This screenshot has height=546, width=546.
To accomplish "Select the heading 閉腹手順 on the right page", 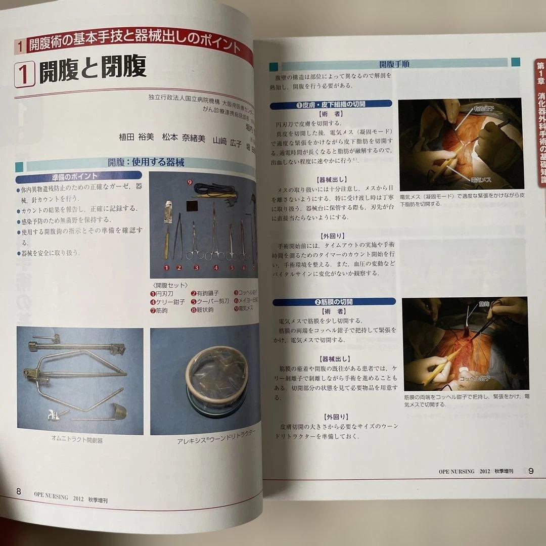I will (394, 64).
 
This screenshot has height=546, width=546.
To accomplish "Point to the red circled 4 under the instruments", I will (216, 268).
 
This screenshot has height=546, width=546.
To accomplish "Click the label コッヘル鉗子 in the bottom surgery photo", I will (474, 378).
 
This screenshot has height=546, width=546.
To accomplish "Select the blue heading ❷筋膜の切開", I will (334, 302).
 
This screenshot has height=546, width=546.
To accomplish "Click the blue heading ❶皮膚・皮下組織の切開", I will (331, 104).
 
